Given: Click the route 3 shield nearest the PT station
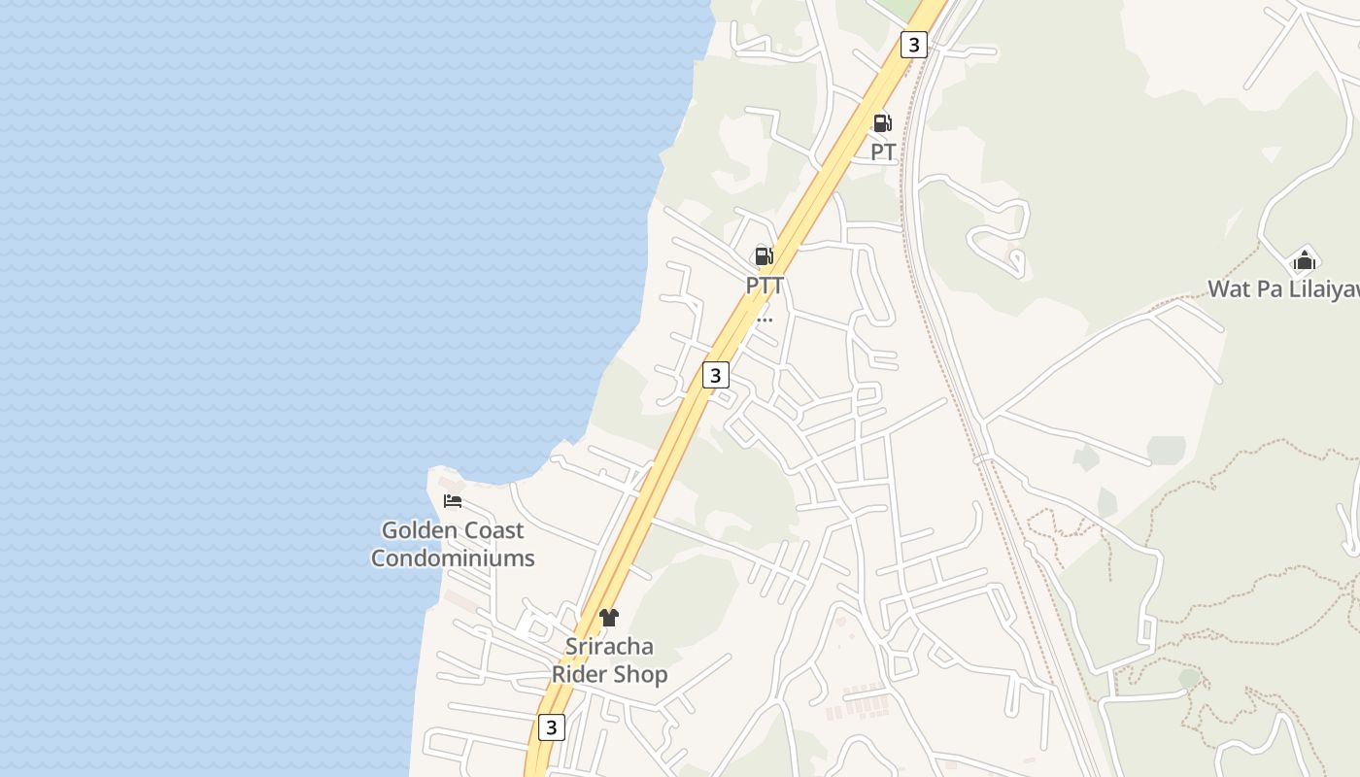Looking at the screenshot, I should [913, 44].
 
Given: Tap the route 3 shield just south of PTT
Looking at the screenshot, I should [716, 375].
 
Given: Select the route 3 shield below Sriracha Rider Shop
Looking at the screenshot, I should [552, 726].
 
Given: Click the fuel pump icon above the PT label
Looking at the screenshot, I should [882, 123].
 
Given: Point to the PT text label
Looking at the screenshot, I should [883, 152].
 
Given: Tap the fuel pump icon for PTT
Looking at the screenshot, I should [765, 256].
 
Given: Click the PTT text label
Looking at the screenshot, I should [765, 286].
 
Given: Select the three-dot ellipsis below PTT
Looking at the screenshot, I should [765, 319].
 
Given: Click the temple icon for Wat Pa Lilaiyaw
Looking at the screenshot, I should [1304, 260].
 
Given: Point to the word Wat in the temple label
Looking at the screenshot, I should [1230, 289].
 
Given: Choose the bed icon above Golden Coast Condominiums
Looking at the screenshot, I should [453, 501].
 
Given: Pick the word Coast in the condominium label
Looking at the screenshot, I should [493, 530].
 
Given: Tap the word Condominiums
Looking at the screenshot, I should [453, 558].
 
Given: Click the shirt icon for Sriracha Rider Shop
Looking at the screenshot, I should [609, 617].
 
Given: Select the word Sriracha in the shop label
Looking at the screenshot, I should [610, 647].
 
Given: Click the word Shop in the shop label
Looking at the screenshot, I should [641, 675].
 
